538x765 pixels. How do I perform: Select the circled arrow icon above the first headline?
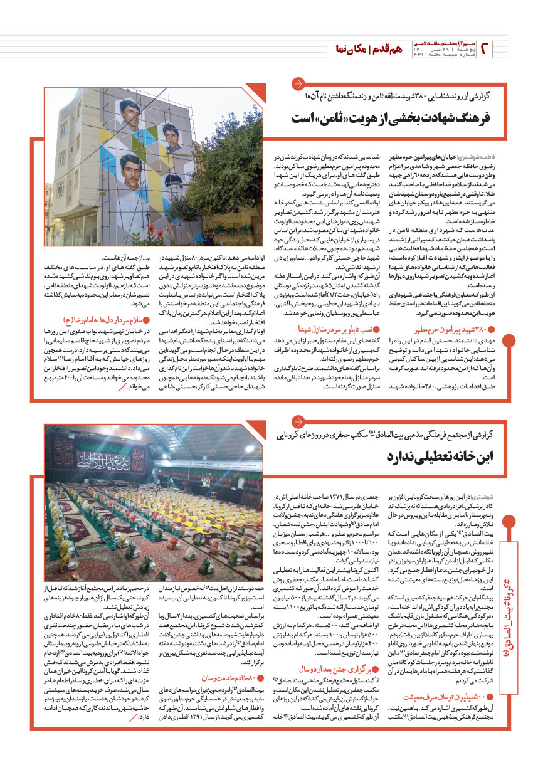(x=300, y=84)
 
